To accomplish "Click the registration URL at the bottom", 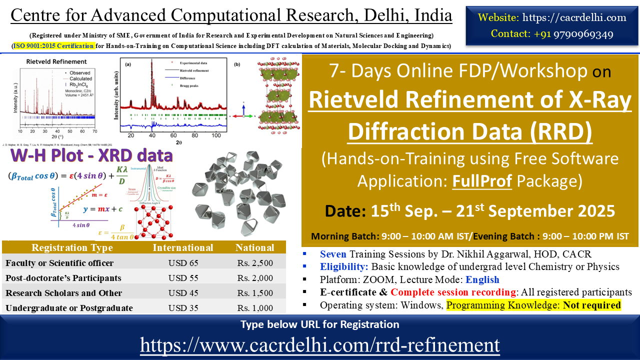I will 320,345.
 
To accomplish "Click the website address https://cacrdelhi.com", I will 574,17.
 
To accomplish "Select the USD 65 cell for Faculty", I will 182,263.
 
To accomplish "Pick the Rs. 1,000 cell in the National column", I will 255,308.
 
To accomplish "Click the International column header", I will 182,248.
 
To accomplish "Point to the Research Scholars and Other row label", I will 63,293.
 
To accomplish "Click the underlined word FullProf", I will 482,181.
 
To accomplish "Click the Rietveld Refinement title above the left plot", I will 48,62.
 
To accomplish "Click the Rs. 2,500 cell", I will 255,263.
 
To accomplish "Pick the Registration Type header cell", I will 72,248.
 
